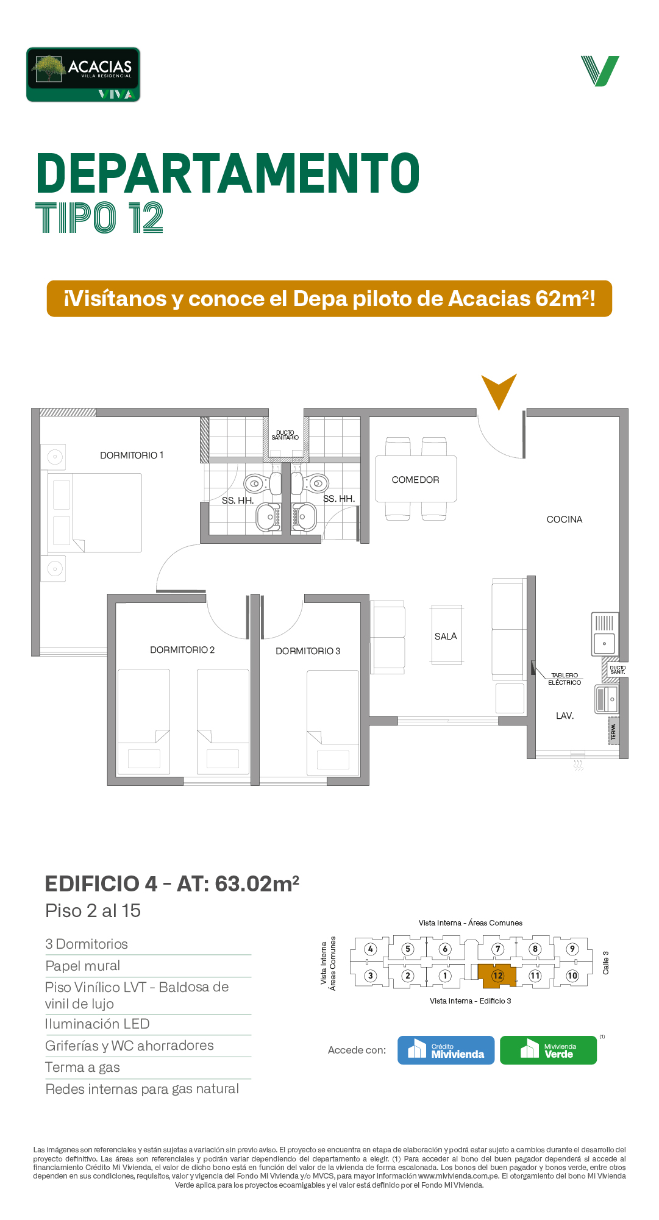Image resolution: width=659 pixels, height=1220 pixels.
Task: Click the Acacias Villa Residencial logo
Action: click(83, 74)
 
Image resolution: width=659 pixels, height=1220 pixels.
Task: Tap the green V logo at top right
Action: click(600, 71)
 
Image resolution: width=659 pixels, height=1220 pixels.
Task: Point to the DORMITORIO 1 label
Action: click(132, 455)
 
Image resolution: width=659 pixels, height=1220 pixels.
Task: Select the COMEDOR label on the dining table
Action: click(415, 480)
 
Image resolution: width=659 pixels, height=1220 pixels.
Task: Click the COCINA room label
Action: click(565, 519)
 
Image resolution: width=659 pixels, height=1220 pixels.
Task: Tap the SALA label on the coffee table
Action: click(446, 637)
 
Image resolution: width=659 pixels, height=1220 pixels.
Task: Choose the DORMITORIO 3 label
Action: click(308, 651)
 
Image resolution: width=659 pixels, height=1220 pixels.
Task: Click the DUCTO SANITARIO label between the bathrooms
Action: click(285, 435)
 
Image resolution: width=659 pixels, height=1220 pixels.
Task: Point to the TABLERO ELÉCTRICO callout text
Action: click(565, 679)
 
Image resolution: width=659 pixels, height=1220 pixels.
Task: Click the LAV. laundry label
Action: click(565, 716)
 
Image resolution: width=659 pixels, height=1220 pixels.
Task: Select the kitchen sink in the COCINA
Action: click(605, 634)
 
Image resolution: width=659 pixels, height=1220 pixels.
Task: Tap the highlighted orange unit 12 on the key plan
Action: click(497, 976)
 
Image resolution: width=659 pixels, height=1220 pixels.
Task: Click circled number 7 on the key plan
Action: click(498, 949)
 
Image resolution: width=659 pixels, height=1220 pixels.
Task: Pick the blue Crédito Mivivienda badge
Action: click(446, 1050)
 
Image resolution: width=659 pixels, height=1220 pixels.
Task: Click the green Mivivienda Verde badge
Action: click(549, 1050)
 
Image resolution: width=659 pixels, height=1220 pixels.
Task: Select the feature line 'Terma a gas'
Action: click(82, 1067)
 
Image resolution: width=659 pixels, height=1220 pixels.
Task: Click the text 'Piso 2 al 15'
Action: click(93, 910)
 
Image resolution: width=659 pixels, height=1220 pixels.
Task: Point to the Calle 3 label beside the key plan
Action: click(606, 963)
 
